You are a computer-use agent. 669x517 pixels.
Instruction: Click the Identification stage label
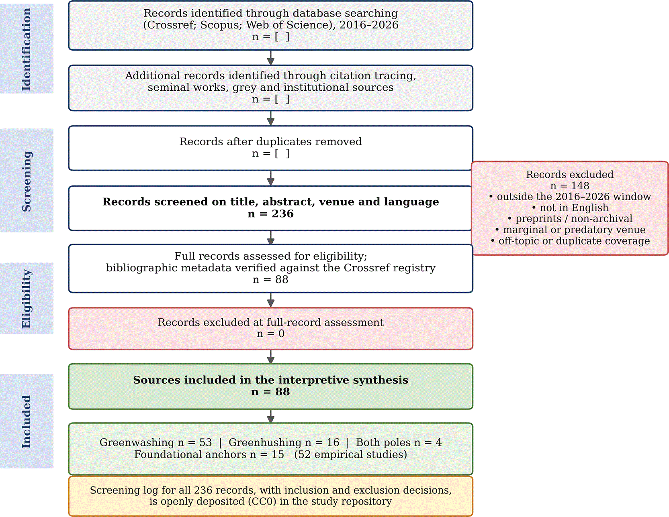[x=26, y=49]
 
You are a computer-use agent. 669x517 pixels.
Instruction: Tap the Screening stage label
[x=26, y=181]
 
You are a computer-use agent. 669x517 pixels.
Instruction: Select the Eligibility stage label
[x=26, y=299]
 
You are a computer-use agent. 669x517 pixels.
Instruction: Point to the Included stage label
[x=26, y=421]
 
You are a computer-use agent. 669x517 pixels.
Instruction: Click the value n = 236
[x=270, y=214]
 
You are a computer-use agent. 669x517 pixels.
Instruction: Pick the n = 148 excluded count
[x=570, y=186]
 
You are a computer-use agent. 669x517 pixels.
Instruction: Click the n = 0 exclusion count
[x=270, y=334]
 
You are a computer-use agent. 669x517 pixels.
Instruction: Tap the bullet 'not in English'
[x=574, y=208]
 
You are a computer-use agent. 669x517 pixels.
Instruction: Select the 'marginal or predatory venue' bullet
[x=574, y=230]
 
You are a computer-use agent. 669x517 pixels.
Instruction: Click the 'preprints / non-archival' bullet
[x=574, y=219]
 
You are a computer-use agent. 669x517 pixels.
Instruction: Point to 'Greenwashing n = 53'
[x=155, y=442]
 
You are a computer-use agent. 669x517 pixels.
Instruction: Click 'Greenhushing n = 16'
[x=284, y=442]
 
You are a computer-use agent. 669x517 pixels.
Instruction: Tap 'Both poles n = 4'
[x=399, y=442]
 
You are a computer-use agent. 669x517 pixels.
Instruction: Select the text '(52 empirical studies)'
[x=350, y=454]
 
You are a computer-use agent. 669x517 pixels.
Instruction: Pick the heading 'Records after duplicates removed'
[x=270, y=142]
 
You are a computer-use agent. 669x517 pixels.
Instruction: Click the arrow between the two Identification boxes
[x=270, y=58]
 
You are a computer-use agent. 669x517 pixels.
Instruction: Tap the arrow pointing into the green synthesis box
[x=270, y=357]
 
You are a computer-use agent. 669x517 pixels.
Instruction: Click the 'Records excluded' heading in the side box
[x=570, y=175]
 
